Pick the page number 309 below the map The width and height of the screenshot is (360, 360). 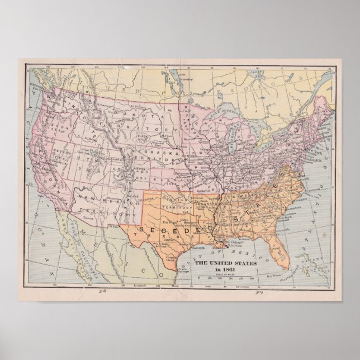[x=259, y=291]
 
